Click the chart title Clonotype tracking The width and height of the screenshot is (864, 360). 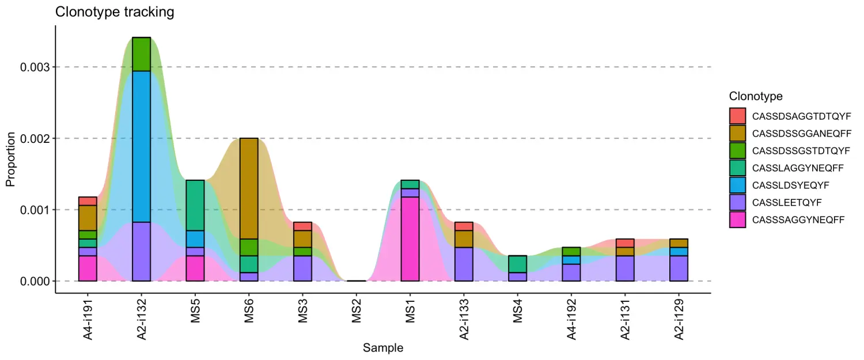pos(115,12)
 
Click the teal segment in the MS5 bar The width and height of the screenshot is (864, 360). pos(195,205)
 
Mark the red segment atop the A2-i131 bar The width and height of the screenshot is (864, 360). pos(625,242)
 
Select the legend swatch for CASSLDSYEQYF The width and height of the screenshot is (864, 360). pos(737,185)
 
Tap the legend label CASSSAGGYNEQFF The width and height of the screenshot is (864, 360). pos(798,219)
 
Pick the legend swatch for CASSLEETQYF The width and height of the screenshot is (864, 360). pos(737,202)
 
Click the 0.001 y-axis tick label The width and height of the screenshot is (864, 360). pos(36,210)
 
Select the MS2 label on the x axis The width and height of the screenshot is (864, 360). pos(357,310)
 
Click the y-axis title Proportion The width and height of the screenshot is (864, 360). pos(10,160)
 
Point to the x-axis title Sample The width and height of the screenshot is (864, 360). pos(383,348)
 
